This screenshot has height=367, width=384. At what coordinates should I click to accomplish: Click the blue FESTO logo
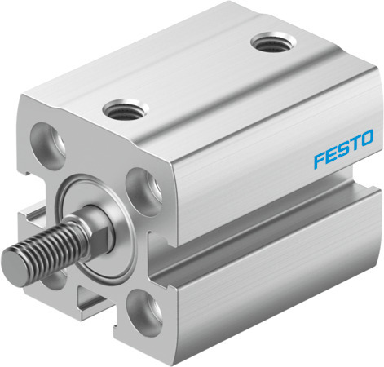342,139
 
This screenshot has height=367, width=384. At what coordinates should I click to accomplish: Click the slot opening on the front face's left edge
31,216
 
